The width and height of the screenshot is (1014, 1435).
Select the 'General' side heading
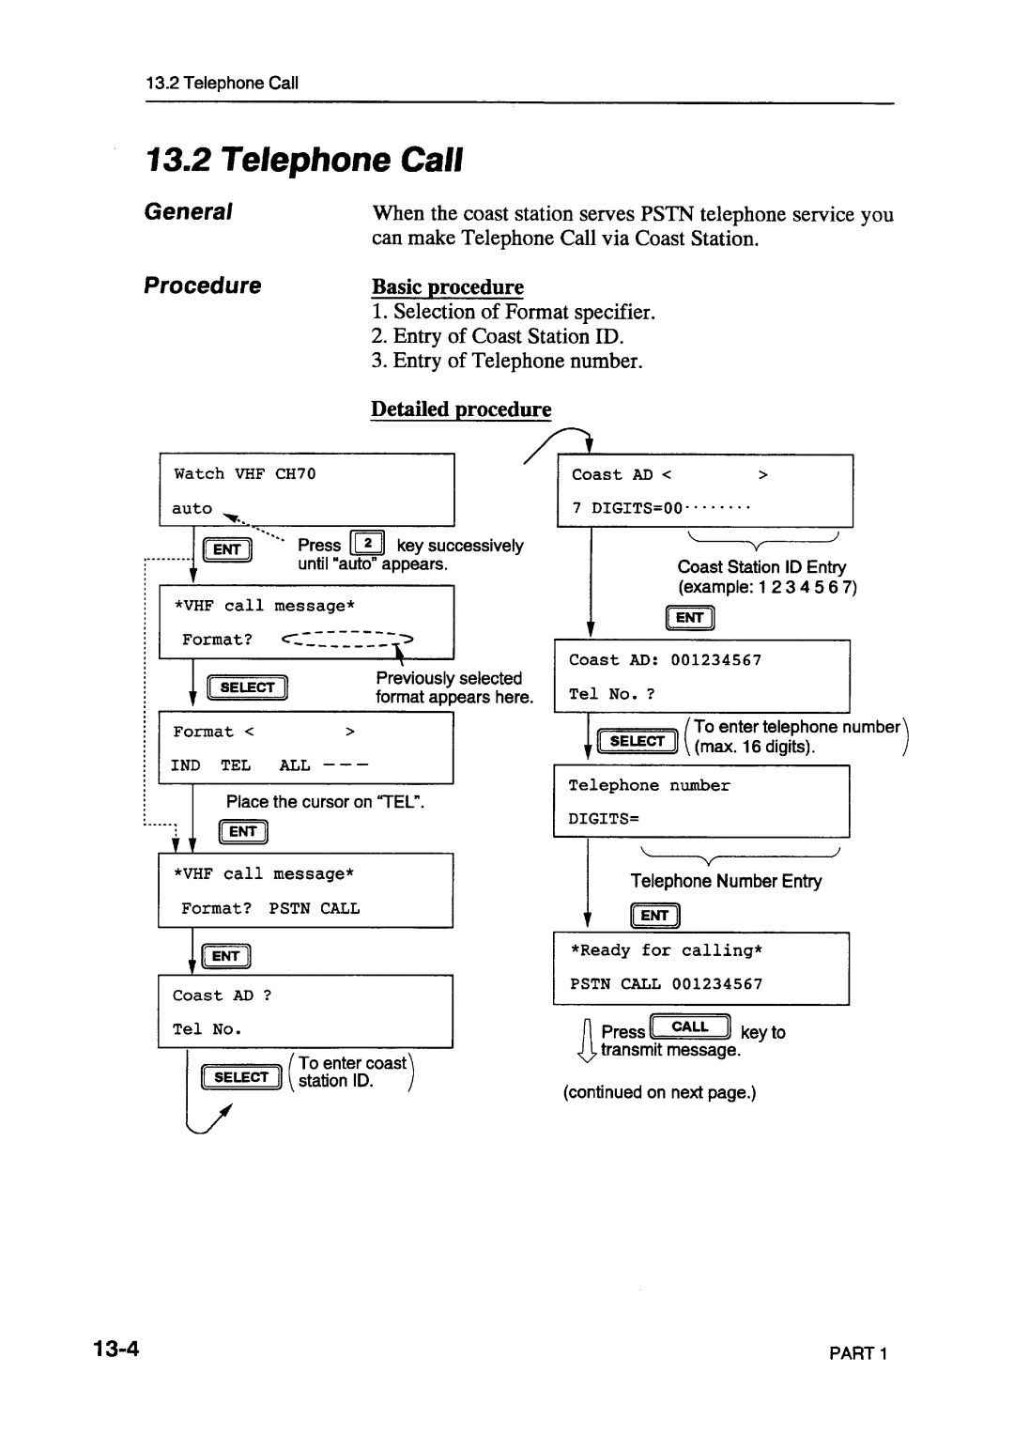tap(188, 212)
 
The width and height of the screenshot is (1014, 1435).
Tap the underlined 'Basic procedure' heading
tap(447, 286)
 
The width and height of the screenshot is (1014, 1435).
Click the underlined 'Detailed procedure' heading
tap(461, 409)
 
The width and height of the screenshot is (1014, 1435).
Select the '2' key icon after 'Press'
tap(368, 544)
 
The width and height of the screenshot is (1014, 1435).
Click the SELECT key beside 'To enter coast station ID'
tap(241, 1078)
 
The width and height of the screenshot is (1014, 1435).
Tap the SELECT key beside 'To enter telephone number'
tap(637, 742)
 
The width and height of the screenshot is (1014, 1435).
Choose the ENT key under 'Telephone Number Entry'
tap(654, 916)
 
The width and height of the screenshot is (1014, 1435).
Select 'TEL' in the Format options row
tap(235, 765)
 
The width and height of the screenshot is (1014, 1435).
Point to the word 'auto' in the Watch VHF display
tap(192, 509)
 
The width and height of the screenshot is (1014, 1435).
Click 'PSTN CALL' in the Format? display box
tap(315, 909)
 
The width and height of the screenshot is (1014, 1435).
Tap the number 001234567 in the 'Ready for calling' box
tap(716, 984)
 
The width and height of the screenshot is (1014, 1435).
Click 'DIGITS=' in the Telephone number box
tap(603, 819)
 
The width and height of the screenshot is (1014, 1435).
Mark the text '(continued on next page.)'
tap(660, 1092)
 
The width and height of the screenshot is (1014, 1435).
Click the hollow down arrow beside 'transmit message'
tap(588, 1042)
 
